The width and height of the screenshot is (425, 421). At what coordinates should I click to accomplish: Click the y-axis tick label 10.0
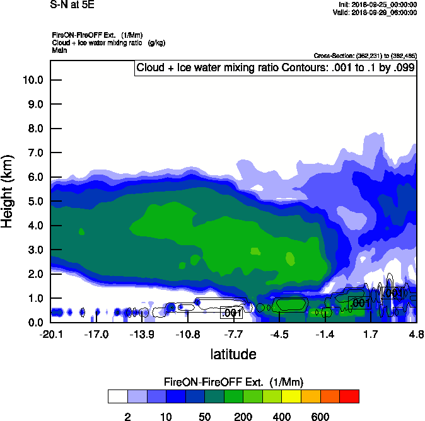click(x=33, y=80)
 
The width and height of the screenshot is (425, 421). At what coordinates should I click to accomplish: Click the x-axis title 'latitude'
click(x=233, y=354)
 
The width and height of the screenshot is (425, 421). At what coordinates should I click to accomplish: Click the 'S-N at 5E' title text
click(x=72, y=4)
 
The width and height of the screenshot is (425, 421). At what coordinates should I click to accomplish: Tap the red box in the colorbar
click(x=349, y=396)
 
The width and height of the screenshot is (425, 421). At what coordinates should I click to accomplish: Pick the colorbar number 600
click(x=320, y=417)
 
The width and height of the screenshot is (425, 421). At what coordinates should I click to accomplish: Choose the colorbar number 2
click(x=127, y=417)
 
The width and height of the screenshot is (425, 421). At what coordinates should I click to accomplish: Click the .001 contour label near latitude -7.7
click(x=231, y=313)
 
